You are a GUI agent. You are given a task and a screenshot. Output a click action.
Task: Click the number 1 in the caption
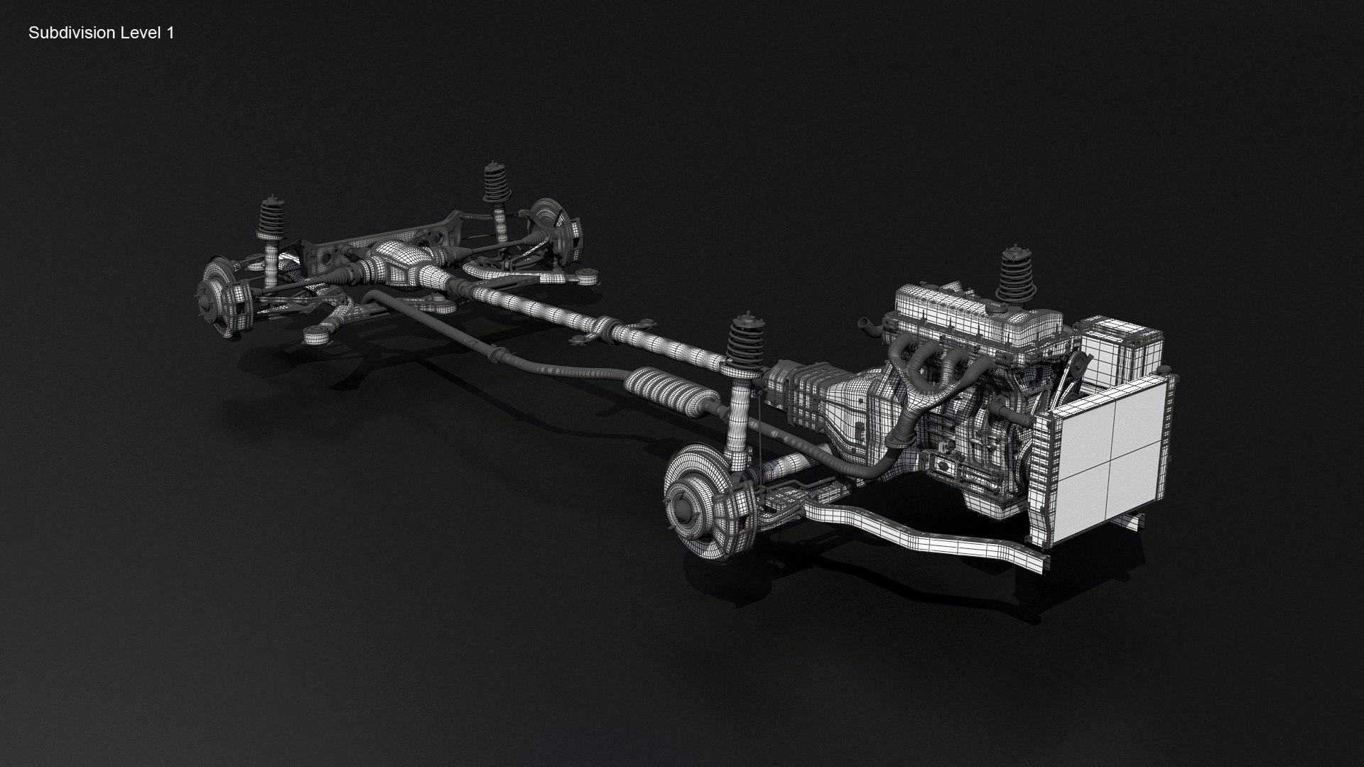(170, 33)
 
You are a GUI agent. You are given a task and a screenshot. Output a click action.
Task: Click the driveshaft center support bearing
(610, 330)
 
